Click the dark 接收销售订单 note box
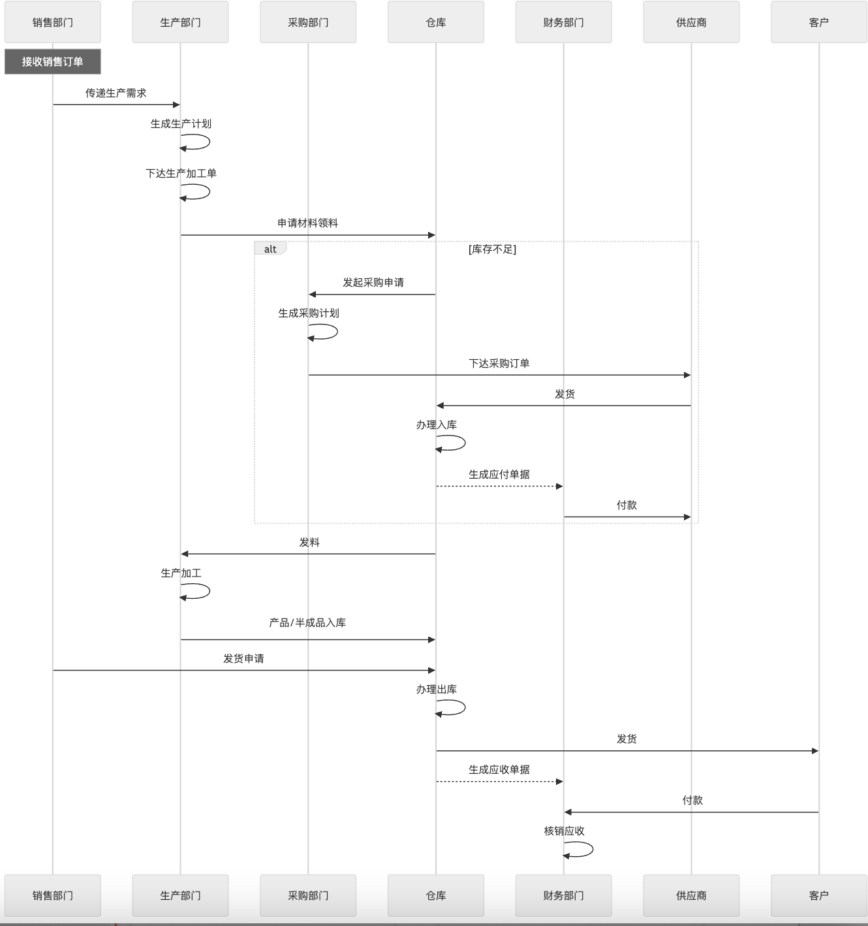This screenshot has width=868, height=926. [x=53, y=61]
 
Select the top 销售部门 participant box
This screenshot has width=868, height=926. [x=53, y=22]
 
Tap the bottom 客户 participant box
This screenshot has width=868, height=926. [x=819, y=895]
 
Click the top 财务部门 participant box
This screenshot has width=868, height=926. [x=564, y=22]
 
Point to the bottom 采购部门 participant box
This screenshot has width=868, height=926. [x=308, y=895]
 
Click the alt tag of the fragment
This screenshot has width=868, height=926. [x=270, y=249]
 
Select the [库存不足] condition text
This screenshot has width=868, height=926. [x=492, y=249]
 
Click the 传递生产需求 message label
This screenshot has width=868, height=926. [x=116, y=93]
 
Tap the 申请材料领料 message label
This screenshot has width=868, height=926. [x=307, y=223]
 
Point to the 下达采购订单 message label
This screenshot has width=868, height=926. [x=499, y=363]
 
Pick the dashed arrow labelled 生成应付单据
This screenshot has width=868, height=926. [x=500, y=487]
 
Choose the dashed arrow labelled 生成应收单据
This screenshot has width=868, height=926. [x=500, y=782]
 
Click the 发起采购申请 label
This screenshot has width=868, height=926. [x=373, y=282]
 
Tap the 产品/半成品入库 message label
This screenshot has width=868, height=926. [x=307, y=622]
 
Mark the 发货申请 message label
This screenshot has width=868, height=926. [x=244, y=658]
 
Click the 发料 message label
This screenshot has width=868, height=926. [x=309, y=542]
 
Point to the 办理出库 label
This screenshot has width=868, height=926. [x=437, y=689]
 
